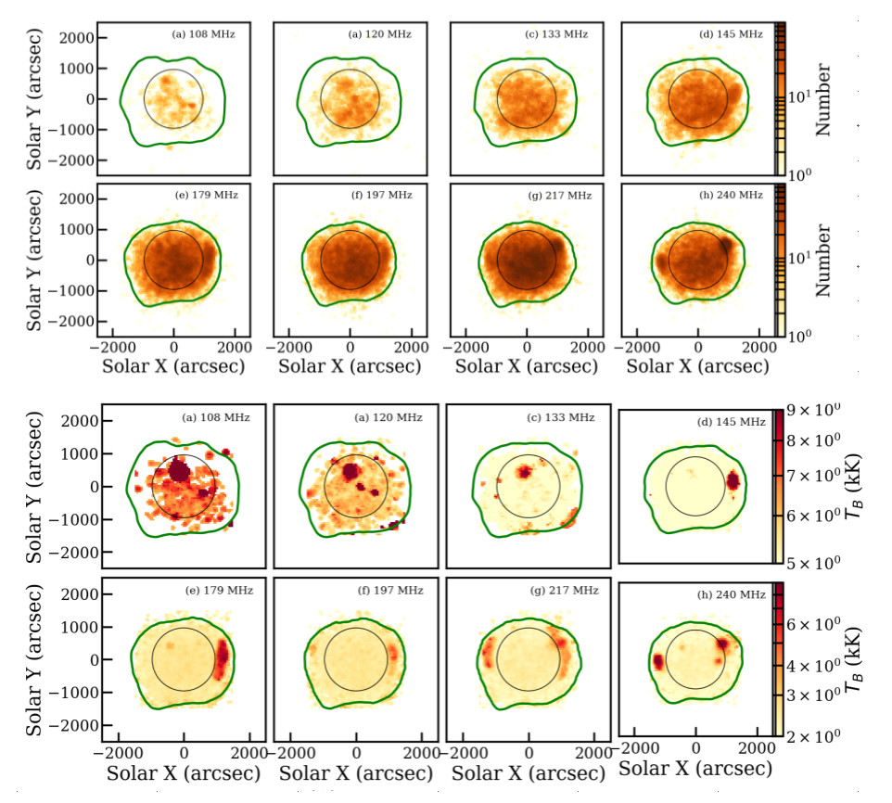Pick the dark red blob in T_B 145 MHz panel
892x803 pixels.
click(x=733, y=481)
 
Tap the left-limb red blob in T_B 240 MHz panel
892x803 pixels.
click(x=657, y=662)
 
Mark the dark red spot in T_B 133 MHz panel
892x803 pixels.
click(x=525, y=472)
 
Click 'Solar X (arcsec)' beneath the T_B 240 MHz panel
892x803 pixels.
click(x=695, y=770)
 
